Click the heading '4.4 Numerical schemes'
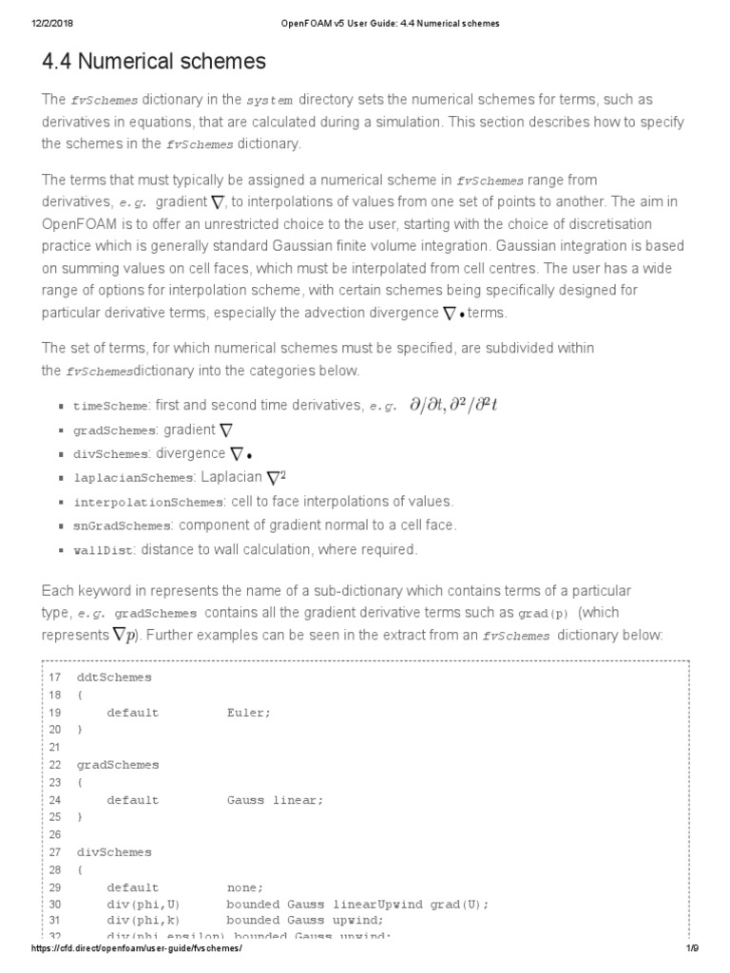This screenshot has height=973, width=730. click(x=154, y=63)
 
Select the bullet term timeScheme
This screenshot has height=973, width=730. click(x=110, y=406)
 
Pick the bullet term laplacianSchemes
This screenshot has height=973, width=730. click(x=132, y=477)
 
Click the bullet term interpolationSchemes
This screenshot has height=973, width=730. click(x=146, y=502)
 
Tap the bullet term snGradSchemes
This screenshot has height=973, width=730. click(x=122, y=525)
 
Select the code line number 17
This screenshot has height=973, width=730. click(x=54, y=677)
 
